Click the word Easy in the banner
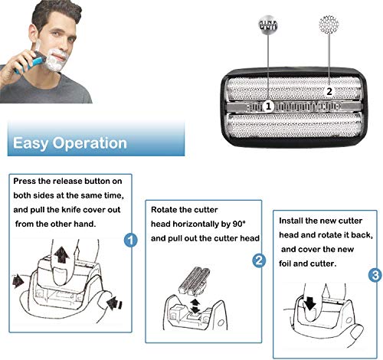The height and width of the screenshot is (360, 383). point(31,143)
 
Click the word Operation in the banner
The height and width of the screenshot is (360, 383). point(90,143)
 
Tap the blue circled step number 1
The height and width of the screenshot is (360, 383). point(130,240)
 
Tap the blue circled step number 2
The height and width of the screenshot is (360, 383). point(259,260)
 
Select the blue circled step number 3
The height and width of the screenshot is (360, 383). point(375,275)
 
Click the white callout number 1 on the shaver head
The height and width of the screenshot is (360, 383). point(268,106)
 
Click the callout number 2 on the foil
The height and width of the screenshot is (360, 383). point(329,91)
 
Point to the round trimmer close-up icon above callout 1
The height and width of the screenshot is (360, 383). point(268,25)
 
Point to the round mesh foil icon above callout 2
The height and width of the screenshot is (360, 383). point(329,25)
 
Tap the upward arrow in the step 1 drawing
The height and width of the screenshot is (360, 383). point(61,254)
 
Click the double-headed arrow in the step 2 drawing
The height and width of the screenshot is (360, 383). point(195,306)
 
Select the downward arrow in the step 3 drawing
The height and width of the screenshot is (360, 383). point(309,303)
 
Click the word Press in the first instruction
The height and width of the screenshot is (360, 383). point(25,181)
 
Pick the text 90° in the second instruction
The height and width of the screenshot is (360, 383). point(239,224)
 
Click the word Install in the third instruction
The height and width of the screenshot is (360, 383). point(291,221)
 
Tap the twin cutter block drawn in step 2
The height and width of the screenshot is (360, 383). point(195,281)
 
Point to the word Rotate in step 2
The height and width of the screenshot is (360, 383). point(163,210)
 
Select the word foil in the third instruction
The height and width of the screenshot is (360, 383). point(285,263)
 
